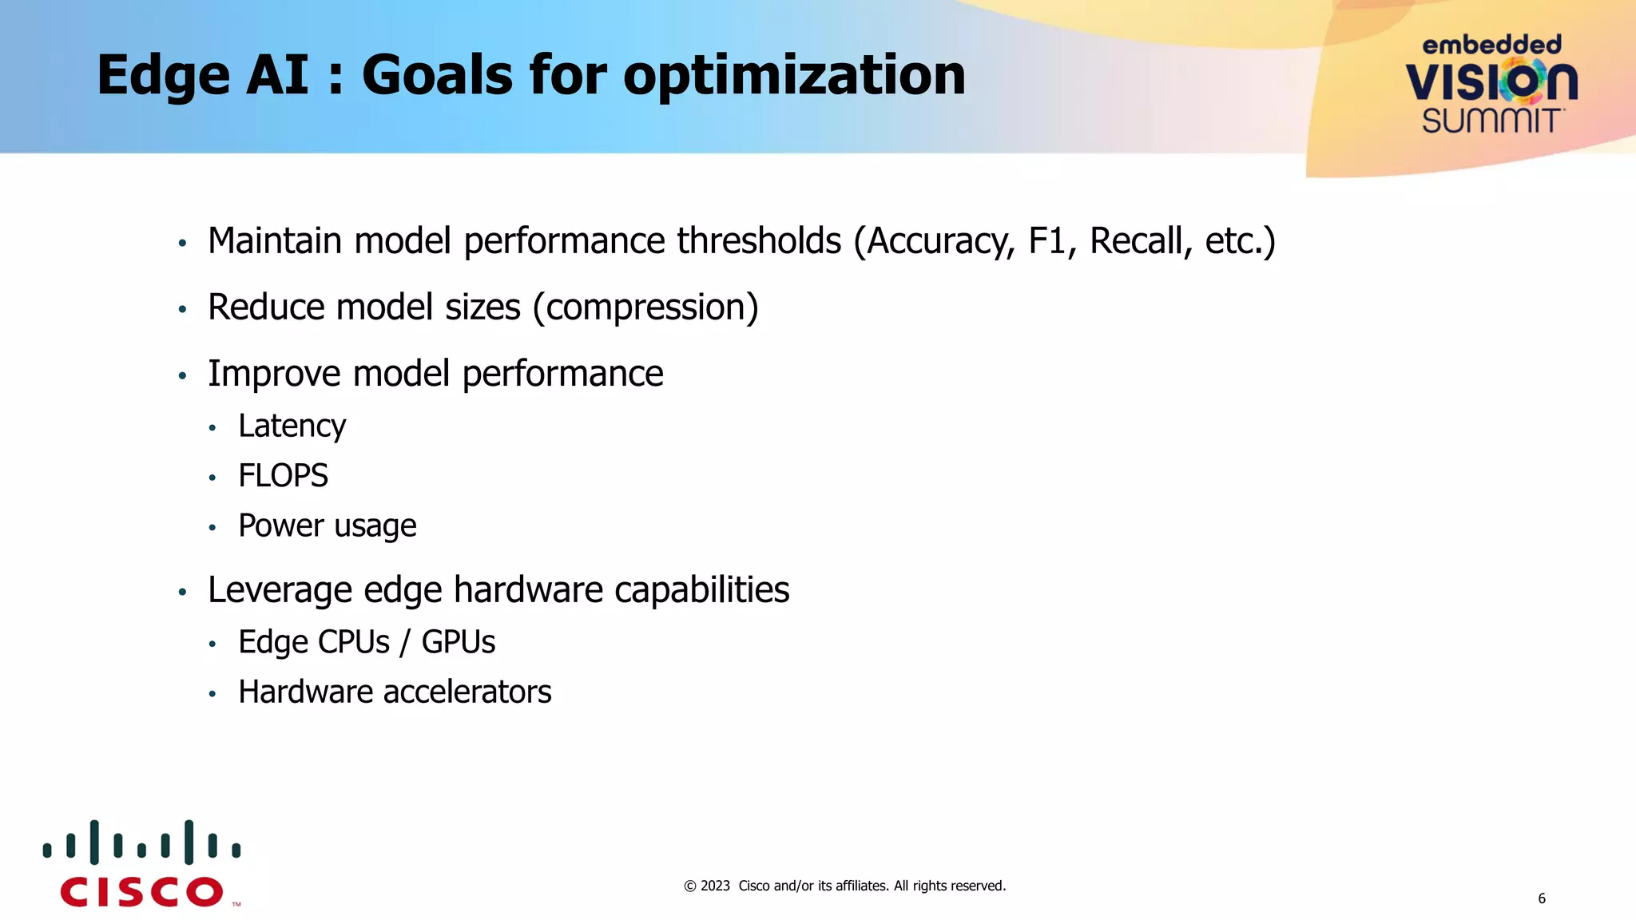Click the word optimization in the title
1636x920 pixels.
click(x=794, y=76)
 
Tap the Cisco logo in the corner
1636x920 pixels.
click(x=142, y=864)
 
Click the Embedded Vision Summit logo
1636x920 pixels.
click(x=1491, y=84)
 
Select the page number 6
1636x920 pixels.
click(x=1542, y=898)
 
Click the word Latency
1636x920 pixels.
click(x=292, y=426)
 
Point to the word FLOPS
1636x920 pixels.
click(x=283, y=476)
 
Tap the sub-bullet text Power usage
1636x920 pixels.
click(x=327, y=525)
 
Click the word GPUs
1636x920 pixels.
click(x=458, y=642)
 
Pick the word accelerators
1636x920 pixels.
click(x=467, y=692)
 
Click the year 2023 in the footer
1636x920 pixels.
click(x=715, y=886)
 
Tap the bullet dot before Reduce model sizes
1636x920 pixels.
click(x=182, y=309)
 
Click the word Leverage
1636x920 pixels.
click(x=280, y=591)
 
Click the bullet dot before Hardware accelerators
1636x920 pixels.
click(x=212, y=694)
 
